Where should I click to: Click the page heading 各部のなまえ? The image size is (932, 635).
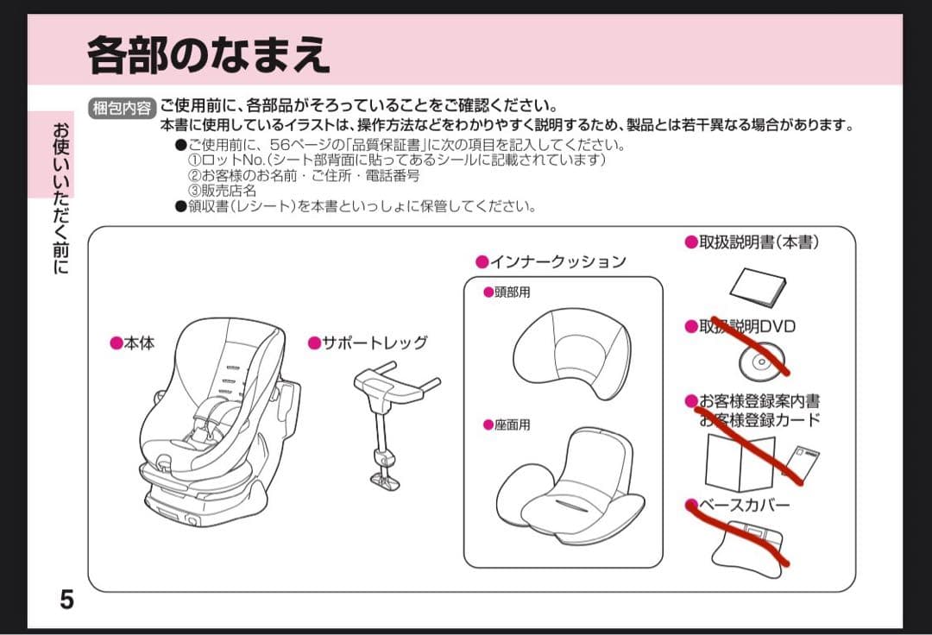tap(208, 55)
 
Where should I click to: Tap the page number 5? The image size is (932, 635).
tap(66, 599)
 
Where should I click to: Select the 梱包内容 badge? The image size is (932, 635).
tap(122, 108)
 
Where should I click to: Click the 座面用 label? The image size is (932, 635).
tap(512, 425)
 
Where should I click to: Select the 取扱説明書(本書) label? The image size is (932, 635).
tap(759, 242)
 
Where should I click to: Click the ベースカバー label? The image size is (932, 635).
tap(742, 505)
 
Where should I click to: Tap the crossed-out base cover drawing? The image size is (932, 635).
tap(747, 544)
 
